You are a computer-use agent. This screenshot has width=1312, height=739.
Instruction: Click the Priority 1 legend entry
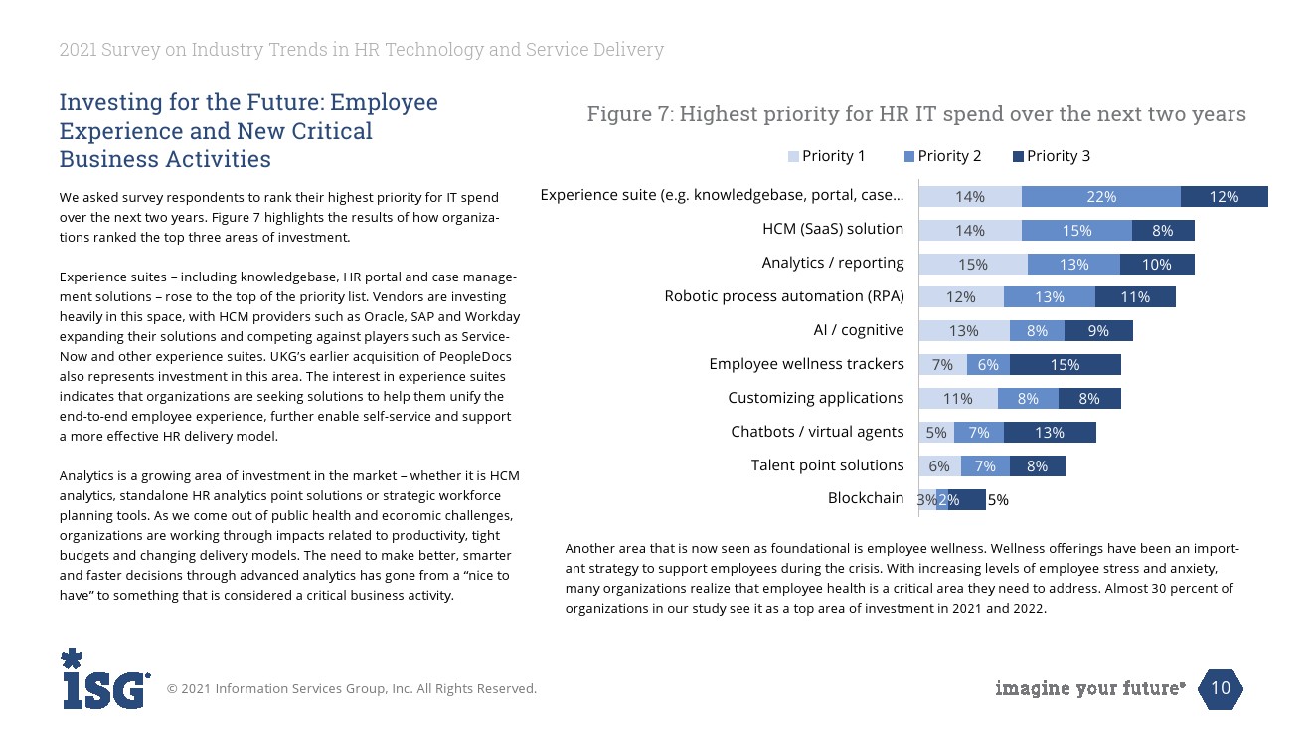827,156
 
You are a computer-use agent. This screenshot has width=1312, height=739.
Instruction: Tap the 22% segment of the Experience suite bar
1100,197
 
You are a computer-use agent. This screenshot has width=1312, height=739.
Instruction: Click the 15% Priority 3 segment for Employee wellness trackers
1065,365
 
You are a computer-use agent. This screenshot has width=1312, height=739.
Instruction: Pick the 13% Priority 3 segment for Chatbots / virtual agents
1049,433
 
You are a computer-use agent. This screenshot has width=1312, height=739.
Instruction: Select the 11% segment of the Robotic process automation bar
1135,297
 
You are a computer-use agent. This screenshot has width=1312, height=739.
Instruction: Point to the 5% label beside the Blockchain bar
998,500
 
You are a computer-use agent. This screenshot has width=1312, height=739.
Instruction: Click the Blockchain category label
866,498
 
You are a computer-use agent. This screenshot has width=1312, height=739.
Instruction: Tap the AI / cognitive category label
859,330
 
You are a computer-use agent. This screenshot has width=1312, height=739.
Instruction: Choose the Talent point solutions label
827,465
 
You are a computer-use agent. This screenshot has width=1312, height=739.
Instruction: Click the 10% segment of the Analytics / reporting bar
1156,265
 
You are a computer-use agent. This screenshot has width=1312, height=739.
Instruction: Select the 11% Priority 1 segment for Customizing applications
958,399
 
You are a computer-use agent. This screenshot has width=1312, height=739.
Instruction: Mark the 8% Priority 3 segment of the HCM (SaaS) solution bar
1162,231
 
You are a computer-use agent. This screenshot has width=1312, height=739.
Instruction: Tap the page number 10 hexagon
1221,688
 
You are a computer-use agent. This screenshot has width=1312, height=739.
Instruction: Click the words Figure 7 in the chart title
625,115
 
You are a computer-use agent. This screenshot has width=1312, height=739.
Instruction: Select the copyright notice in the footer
351,689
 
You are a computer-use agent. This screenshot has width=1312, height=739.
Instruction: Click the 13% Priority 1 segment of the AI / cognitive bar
963,331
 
